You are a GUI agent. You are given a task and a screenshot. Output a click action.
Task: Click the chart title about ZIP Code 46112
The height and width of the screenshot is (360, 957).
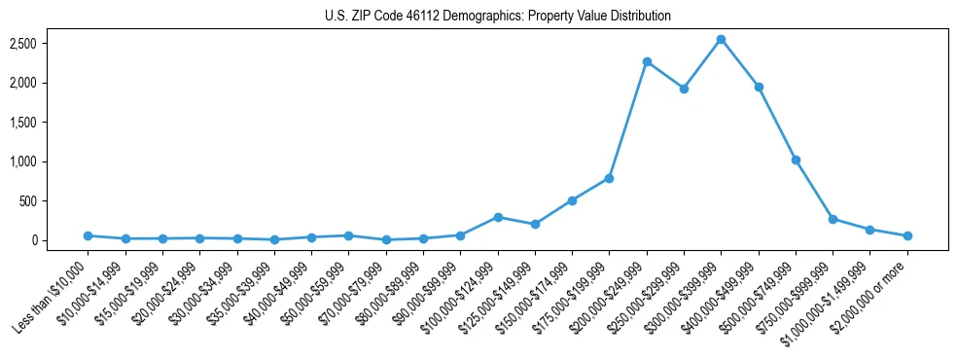coord(497,17)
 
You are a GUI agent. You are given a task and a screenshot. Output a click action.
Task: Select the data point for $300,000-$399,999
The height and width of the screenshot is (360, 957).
coord(721,40)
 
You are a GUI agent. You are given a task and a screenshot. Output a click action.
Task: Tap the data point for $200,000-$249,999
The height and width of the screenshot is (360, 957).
coord(647,61)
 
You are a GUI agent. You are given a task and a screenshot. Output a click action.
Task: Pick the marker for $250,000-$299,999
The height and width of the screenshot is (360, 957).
coord(684,89)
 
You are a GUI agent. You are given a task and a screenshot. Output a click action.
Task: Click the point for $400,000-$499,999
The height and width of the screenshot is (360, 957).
coord(759,87)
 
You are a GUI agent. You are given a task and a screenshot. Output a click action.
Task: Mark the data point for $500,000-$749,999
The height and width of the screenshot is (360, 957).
coord(796,160)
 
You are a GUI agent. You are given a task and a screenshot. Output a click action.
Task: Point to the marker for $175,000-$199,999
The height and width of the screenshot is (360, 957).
coord(609,178)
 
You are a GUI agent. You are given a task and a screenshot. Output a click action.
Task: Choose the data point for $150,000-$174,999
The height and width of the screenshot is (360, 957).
coord(572,200)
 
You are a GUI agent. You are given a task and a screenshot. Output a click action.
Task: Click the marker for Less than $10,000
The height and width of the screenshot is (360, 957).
coord(88,235)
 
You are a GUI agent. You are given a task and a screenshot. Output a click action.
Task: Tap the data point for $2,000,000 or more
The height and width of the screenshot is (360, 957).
coord(907,235)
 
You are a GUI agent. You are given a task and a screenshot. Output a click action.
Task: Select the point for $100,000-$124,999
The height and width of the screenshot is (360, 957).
coord(498,217)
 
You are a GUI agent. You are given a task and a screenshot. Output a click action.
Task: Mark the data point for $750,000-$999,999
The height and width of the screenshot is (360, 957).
coord(833,219)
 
